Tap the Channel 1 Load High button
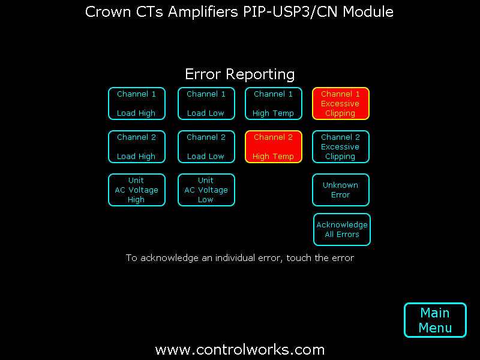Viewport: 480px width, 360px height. pyautogui.click(x=137, y=103)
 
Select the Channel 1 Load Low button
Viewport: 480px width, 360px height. pyautogui.click(x=206, y=103)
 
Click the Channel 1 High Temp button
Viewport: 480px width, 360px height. pyautogui.click(x=274, y=103)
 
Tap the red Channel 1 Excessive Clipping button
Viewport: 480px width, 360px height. pyautogui.click(x=341, y=103)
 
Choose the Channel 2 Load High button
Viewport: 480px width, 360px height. pyautogui.click(x=137, y=146)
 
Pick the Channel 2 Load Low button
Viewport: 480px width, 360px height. pyautogui.click(x=206, y=146)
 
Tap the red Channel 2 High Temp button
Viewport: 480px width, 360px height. pyautogui.click(x=274, y=146)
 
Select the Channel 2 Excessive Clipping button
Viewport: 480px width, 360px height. pyautogui.click(x=341, y=146)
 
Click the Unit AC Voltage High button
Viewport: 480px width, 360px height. pyautogui.click(x=137, y=190)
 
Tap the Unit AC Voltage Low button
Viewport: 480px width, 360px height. pyautogui.click(x=206, y=190)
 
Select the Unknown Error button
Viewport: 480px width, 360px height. pyautogui.click(x=341, y=190)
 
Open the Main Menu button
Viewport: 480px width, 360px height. pyautogui.click(x=435, y=320)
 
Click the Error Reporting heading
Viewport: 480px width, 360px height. pyautogui.click(x=239, y=74)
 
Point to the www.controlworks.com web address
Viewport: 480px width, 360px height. pyautogui.click(x=239, y=350)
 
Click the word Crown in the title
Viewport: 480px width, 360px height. pyautogui.click(x=109, y=12)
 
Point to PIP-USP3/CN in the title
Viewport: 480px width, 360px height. pyautogui.click(x=290, y=12)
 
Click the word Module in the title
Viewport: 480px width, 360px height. pyautogui.click(x=368, y=12)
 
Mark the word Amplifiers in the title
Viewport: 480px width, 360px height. pyautogui.click(x=203, y=12)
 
